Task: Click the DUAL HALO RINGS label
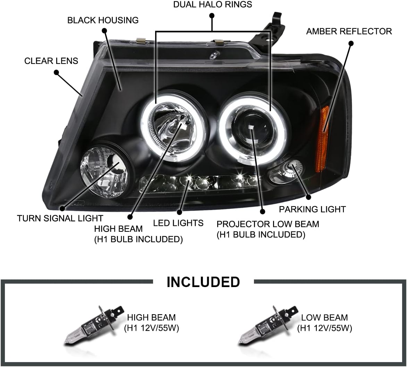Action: (x=212, y=5)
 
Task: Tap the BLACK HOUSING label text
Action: (x=103, y=20)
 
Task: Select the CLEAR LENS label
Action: (x=51, y=61)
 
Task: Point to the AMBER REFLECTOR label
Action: (x=349, y=31)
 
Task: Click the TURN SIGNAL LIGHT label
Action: (x=60, y=219)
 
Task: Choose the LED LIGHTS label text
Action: (x=178, y=223)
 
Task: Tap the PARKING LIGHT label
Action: (x=312, y=209)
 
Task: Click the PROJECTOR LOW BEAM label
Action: (x=268, y=224)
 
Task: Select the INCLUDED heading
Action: (x=203, y=282)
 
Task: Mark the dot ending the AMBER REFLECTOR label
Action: (x=351, y=43)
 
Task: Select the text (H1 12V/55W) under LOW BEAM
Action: (x=324, y=328)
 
